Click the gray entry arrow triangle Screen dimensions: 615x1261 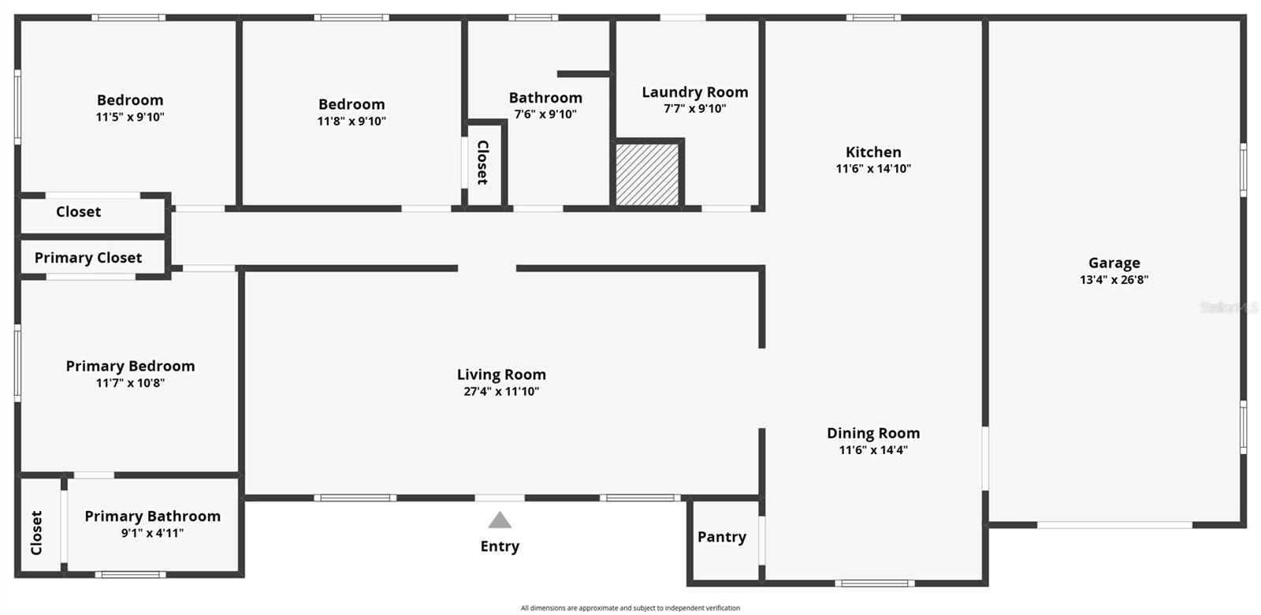pos(500,520)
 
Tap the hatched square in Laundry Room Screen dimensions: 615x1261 pos(646,175)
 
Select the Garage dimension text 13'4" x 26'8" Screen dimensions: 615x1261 pos(1114,280)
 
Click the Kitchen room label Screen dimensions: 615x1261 pos(873,152)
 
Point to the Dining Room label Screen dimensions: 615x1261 pos(873,433)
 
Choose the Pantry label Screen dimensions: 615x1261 pos(721,537)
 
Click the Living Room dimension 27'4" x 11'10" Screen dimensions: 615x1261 pos(501,391)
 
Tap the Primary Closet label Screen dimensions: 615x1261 pos(88,258)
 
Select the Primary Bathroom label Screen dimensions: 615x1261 pos(152,516)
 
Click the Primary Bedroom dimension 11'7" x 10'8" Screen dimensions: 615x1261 pos(130,383)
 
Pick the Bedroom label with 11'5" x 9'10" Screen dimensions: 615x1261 pos(130,100)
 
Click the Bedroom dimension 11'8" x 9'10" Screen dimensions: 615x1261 pos(352,121)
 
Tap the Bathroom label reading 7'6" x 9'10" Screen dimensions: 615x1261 pos(545,98)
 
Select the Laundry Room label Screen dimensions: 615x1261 pos(694,92)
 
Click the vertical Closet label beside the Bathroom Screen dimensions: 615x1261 pos(483,162)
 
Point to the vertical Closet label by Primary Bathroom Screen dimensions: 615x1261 pos(36,533)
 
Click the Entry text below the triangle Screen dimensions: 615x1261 pos(500,546)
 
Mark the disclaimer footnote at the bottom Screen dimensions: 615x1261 pos(630,608)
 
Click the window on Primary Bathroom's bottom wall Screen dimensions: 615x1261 pos(130,574)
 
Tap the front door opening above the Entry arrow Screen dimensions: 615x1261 pos(500,498)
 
